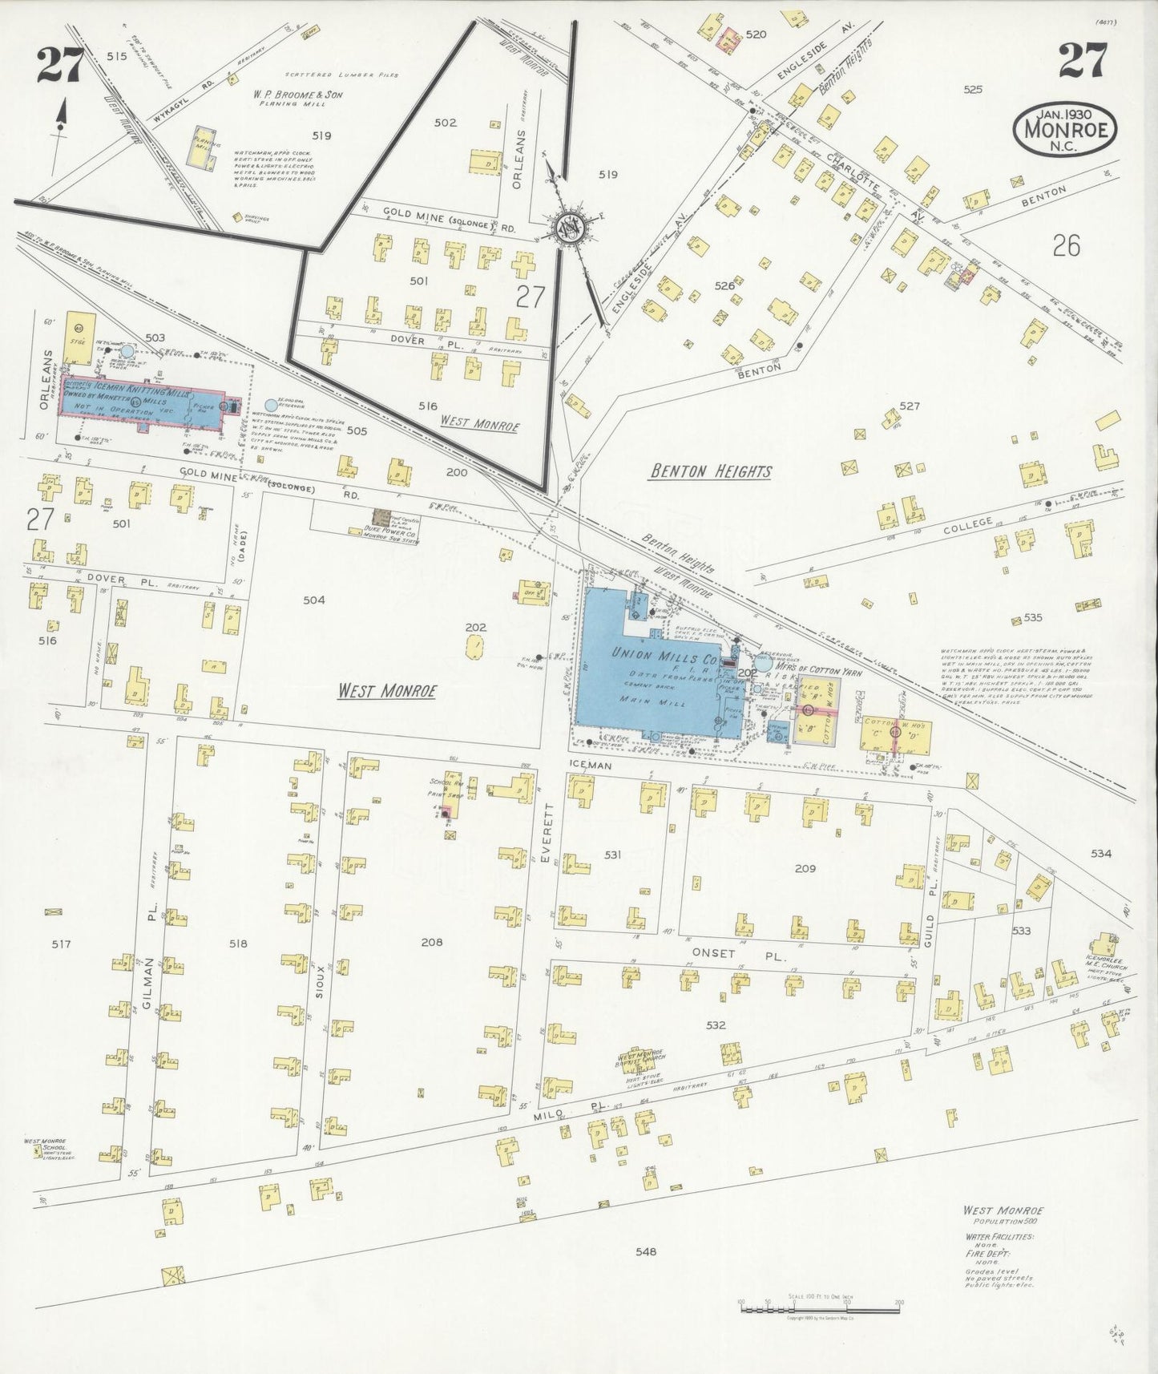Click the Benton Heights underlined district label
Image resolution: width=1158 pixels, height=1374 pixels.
click(x=711, y=471)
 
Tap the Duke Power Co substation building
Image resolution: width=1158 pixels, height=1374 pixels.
click(x=382, y=520)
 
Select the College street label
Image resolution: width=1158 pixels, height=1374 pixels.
click(x=968, y=527)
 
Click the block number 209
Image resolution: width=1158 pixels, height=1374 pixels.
click(x=805, y=868)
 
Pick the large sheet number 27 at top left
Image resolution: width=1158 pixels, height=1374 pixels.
click(x=59, y=65)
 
